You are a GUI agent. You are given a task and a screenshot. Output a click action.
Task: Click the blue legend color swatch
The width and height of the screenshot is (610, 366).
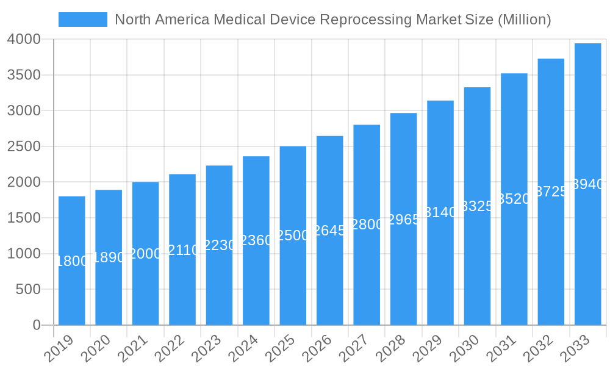click(83, 20)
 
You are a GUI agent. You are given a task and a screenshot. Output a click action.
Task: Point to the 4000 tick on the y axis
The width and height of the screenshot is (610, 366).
click(24, 39)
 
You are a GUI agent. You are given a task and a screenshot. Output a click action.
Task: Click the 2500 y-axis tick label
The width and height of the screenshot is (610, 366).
click(24, 146)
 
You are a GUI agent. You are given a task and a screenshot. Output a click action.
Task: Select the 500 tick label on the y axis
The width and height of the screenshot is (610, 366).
click(28, 289)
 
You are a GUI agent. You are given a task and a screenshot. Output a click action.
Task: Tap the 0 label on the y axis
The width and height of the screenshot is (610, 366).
click(37, 325)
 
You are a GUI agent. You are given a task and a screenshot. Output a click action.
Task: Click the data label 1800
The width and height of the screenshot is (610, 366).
click(72, 261)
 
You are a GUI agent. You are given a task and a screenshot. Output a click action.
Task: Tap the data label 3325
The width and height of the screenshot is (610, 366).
click(477, 206)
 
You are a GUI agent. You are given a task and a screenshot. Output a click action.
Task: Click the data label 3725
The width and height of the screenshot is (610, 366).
click(551, 192)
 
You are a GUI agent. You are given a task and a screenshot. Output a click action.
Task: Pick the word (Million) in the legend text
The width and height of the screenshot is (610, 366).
click(524, 20)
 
